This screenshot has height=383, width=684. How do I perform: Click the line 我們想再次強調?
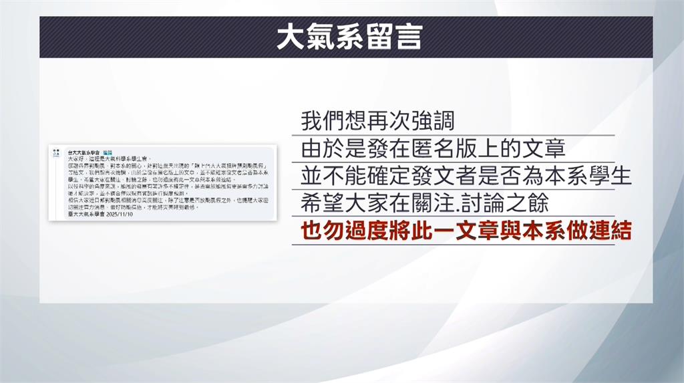click(x=377, y=122)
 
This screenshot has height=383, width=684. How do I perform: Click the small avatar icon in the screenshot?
click(x=57, y=154)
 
